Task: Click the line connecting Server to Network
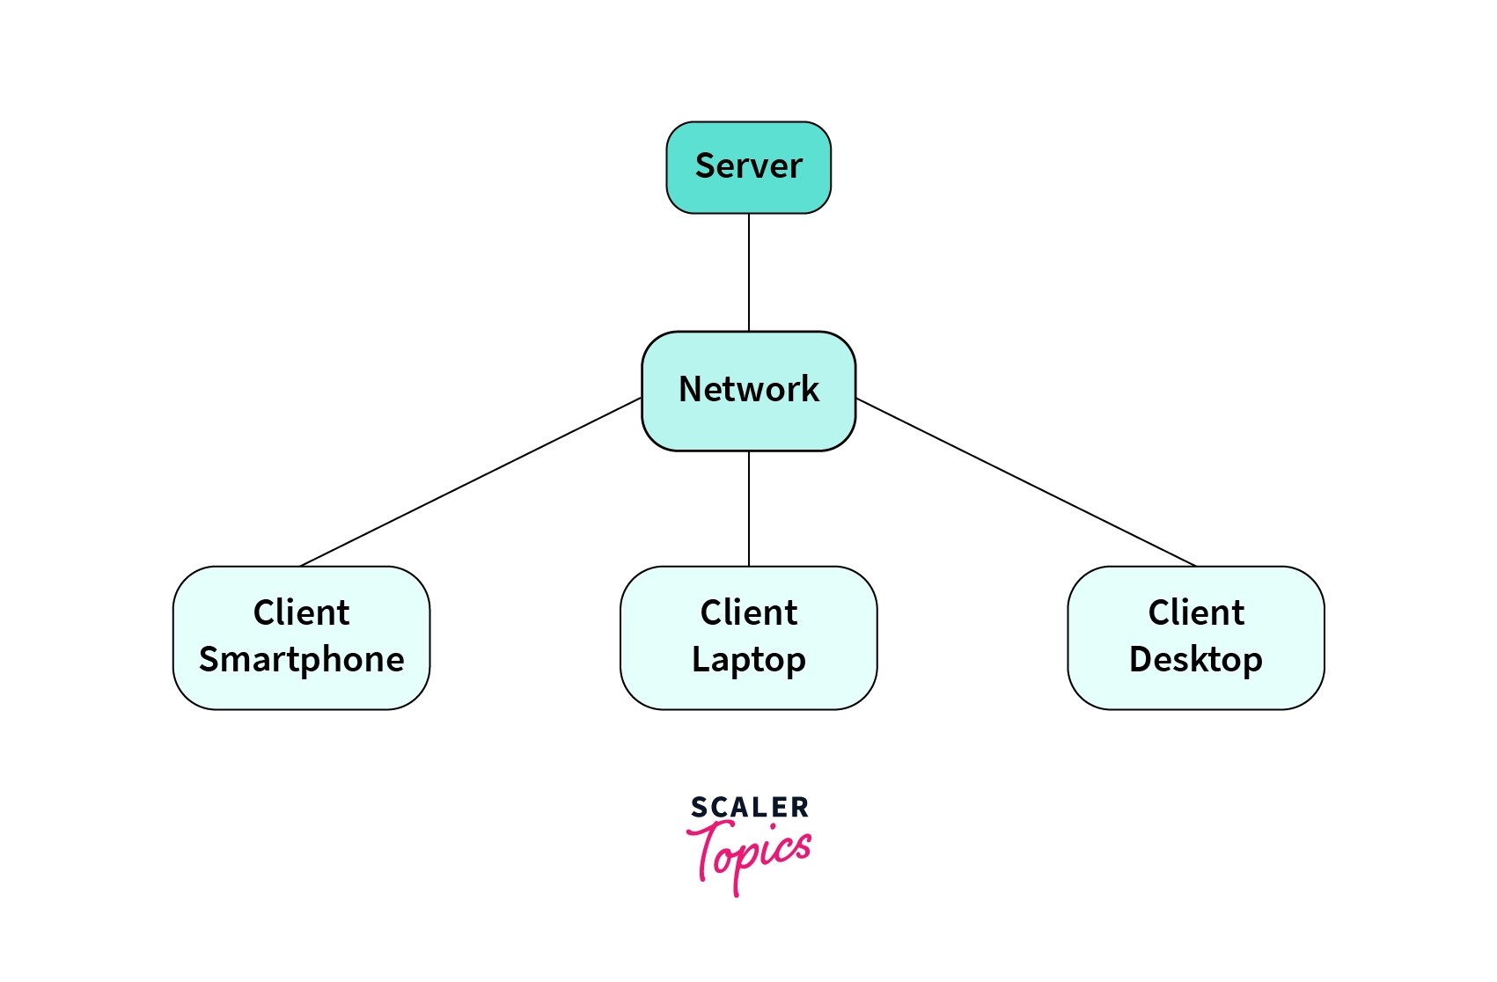(x=749, y=273)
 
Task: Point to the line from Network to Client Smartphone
(x=471, y=482)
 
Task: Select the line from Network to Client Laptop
(x=749, y=509)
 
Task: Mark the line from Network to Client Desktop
(x=1025, y=482)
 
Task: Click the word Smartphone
(x=301, y=660)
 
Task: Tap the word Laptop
(x=748, y=660)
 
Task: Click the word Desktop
(x=1195, y=660)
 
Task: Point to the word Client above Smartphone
(x=301, y=612)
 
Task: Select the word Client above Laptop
(x=748, y=612)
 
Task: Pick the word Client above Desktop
(x=1196, y=612)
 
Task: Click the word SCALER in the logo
(x=749, y=807)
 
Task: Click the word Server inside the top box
(x=748, y=165)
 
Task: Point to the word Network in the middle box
(x=748, y=389)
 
